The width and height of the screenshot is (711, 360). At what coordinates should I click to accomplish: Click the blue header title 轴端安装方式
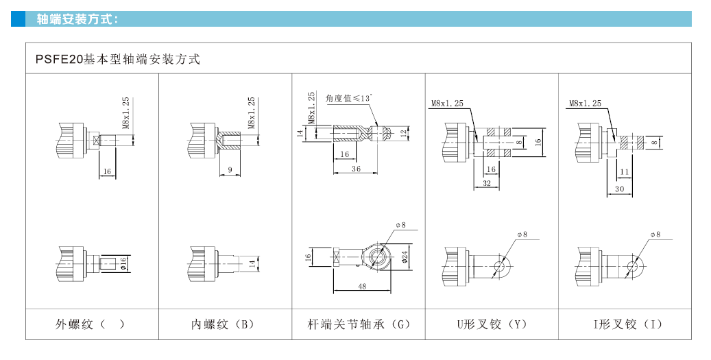click(77, 19)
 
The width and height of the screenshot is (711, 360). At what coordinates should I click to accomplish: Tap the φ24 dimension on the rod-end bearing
click(405, 257)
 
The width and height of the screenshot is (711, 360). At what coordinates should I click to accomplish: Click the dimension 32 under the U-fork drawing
click(486, 184)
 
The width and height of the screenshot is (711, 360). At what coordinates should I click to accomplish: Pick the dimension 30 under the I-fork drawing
click(619, 189)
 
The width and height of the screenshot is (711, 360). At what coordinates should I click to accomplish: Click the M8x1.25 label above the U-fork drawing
click(447, 104)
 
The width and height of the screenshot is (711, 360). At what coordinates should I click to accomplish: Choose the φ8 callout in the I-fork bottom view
click(655, 235)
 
